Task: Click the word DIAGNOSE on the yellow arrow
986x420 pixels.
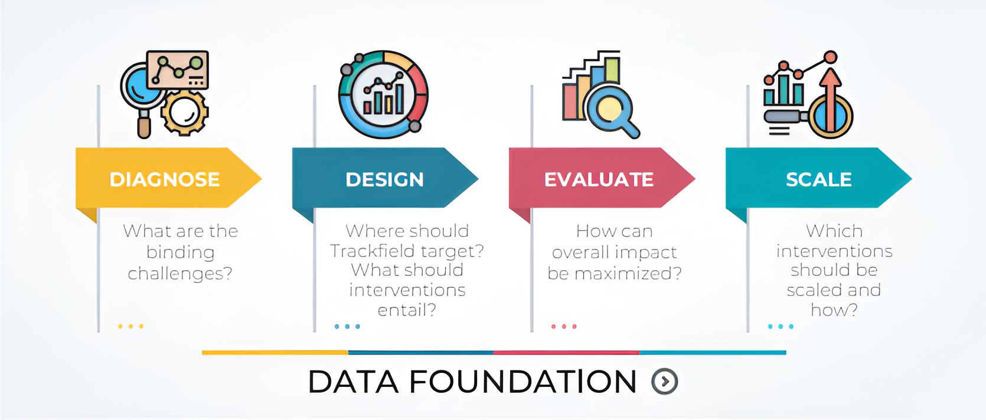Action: coord(165,179)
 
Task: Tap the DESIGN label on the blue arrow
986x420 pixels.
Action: coord(385,179)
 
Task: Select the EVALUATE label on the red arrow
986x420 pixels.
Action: coord(599,179)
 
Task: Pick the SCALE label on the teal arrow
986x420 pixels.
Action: coord(819,179)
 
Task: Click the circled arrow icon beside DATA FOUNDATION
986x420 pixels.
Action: coord(665,381)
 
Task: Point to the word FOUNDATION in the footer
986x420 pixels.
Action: coord(523,381)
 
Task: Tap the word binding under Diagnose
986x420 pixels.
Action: coord(181,253)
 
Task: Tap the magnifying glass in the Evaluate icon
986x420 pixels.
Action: coord(612,112)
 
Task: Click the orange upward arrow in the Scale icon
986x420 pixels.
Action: coord(830,99)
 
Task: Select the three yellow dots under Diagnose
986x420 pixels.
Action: coord(130,326)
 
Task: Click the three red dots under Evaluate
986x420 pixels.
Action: coord(564,326)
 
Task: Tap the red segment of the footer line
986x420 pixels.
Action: coord(567,352)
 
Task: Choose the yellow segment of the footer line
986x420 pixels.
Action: coord(275,352)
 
